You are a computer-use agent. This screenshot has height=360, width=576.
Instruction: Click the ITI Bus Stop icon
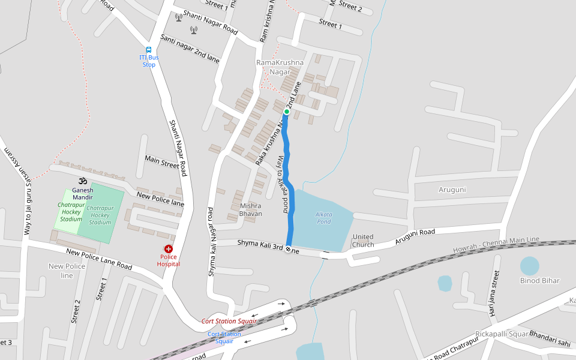click(148, 50)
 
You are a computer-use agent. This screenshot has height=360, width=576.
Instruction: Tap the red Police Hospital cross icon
click(169, 249)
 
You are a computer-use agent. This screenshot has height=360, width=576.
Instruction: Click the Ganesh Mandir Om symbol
click(83, 181)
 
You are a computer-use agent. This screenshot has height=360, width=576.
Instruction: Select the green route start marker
click(287, 112)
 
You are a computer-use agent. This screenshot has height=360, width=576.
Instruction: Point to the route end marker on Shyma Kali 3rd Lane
click(289, 249)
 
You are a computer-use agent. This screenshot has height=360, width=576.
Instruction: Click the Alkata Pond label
click(323, 218)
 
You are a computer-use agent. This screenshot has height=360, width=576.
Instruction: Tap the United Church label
click(363, 241)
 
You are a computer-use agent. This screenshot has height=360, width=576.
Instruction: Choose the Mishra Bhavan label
click(251, 209)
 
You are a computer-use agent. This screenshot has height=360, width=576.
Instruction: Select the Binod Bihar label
click(539, 280)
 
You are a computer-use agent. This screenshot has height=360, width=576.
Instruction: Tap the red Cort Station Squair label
click(229, 321)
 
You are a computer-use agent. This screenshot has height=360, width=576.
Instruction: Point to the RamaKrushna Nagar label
click(280, 67)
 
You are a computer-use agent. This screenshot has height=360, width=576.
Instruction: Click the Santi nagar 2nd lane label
click(190, 49)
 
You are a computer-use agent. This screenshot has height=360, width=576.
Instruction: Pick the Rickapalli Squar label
click(502, 334)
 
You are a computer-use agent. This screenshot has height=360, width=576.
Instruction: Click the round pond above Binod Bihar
click(529, 266)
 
